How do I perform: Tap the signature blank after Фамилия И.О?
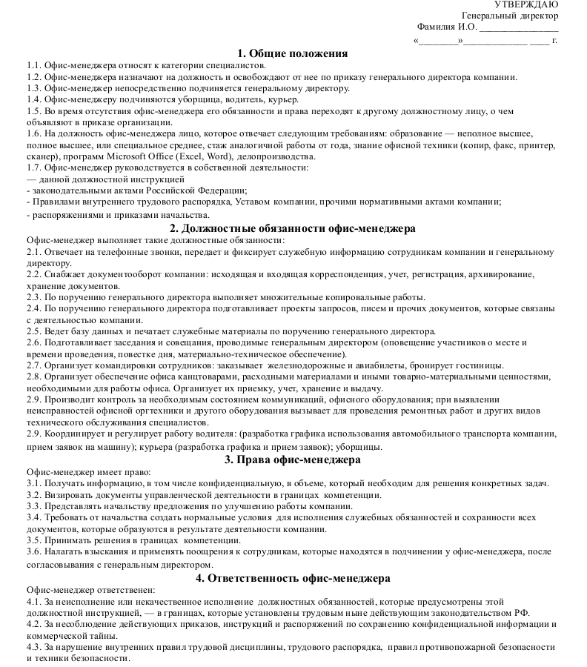tap(519, 28)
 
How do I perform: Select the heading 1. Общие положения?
tap(293, 53)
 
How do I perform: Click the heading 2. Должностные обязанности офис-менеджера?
tap(293, 228)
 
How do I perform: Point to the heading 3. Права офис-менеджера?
tap(293, 459)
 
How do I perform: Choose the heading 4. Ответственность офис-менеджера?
tap(293, 578)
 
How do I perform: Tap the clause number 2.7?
tap(33, 365)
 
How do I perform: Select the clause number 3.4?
tap(33, 517)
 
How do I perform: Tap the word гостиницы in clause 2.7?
tap(480, 365)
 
